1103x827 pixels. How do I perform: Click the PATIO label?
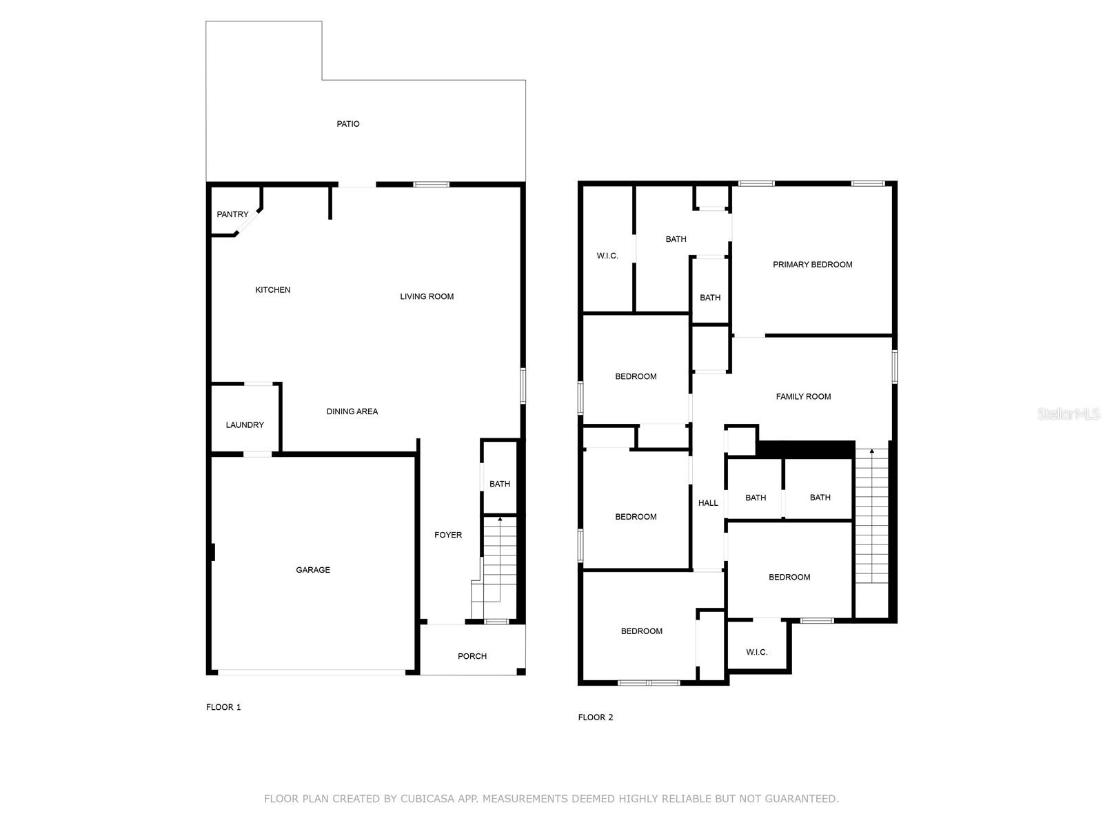(347, 124)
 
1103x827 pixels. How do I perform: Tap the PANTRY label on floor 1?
(232, 214)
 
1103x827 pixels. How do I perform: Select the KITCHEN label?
(273, 289)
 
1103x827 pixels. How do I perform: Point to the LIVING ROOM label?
(427, 297)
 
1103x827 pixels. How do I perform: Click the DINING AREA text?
(352, 411)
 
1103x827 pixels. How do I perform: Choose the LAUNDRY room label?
(245, 425)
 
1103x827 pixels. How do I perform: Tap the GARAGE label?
(313, 570)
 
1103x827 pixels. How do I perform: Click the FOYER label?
(448, 535)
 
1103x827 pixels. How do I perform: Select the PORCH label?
(472, 656)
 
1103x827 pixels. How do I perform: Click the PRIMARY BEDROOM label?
(813, 265)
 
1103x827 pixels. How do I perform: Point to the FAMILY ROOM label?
(804, 397)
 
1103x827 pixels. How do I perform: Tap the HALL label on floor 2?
(708, 503)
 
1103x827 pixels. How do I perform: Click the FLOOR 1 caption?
(223, 708)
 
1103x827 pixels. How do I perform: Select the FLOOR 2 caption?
(596, 717)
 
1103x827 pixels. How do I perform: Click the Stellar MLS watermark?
(1069, 413)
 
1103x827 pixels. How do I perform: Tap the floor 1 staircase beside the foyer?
(494, 568)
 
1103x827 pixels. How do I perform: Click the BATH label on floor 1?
(500, 484)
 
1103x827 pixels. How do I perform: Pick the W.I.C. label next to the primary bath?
(607, 256)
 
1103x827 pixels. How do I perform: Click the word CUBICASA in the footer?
(427, 799)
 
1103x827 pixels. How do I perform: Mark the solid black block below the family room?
(805, 449)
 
